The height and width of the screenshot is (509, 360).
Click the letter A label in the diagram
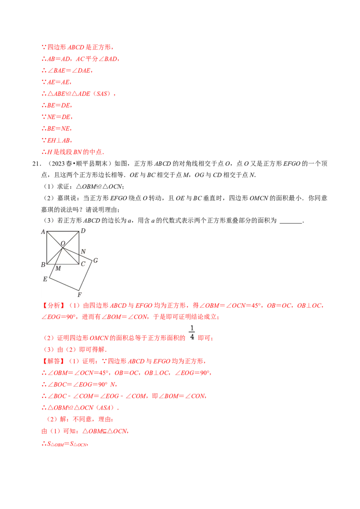[43, 232]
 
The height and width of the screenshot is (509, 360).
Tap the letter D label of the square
[83, 231]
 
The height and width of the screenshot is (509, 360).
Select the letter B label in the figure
[43, 265]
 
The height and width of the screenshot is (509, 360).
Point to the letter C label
[83, 264]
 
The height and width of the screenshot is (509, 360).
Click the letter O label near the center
[63, 243]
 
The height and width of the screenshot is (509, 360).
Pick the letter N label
[83, 252]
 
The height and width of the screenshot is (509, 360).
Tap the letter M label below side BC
[58, 268]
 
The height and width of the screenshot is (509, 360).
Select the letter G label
[95, 260]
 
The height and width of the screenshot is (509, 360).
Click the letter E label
[45, 279]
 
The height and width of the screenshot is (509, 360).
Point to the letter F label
[79, 295]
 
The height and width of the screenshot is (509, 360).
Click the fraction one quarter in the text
[192, 333]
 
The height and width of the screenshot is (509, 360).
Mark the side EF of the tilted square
[63, 284]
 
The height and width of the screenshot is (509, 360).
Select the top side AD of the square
[63, 231]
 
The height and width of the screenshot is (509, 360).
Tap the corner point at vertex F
[79, 290]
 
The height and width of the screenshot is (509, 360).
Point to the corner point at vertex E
[49, 278]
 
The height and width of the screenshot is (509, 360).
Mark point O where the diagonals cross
[63, 247]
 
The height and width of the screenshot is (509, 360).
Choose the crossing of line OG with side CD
[79, 254]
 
